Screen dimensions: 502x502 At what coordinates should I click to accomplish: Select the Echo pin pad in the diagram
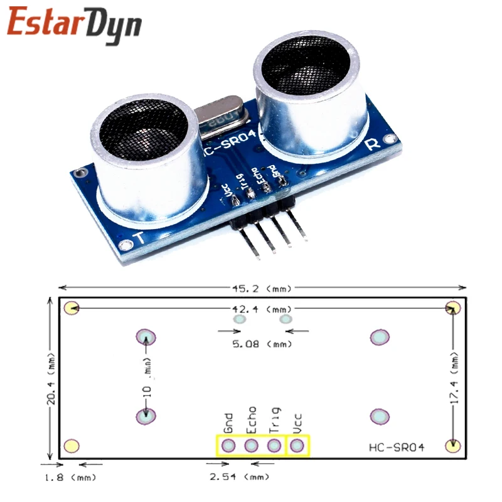251,446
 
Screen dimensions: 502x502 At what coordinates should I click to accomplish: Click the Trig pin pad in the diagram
274,446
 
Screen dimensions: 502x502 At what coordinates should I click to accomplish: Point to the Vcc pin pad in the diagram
297,446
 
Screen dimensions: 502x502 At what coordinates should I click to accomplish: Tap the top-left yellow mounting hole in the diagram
72,308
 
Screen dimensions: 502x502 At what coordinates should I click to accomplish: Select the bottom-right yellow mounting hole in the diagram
452,446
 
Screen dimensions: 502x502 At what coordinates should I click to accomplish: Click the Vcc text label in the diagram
297,422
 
